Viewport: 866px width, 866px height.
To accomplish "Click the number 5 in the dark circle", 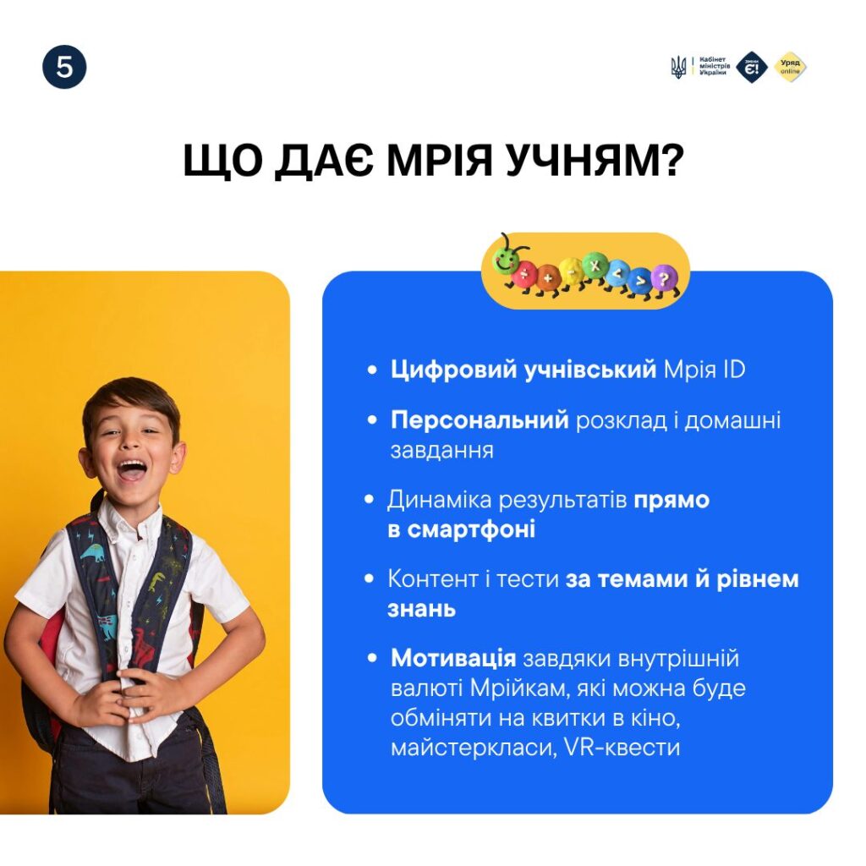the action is point(64,68).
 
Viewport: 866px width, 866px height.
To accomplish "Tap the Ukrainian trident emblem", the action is point(677,68).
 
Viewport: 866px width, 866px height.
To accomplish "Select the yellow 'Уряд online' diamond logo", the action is point(790,68).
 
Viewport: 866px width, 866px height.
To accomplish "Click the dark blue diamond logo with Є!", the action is point(752,68).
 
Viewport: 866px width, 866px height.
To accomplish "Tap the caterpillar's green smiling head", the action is point(506,259).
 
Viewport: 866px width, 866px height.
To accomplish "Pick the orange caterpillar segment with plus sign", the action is point(547,277).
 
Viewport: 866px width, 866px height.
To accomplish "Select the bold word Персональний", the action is point(480,421).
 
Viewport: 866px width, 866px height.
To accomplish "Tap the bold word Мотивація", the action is point(453,658).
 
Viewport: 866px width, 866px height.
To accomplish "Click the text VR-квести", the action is point(622,748).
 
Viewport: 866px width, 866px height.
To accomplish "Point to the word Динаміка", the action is point(440,501).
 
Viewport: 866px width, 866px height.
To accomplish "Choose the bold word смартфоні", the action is point(471,530).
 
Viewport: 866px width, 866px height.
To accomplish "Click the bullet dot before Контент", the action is point(370,579).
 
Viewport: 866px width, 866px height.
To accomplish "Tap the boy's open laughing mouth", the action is point(131,470).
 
